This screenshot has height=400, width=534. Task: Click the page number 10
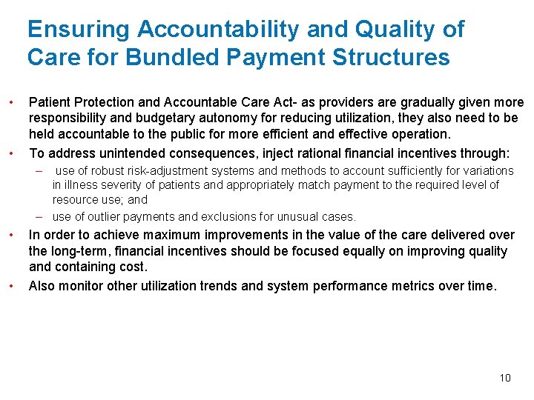(x=505, y=378)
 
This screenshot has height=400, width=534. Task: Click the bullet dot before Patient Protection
(x=11, y=102)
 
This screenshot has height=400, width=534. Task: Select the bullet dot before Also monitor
(x=11, y=285)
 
